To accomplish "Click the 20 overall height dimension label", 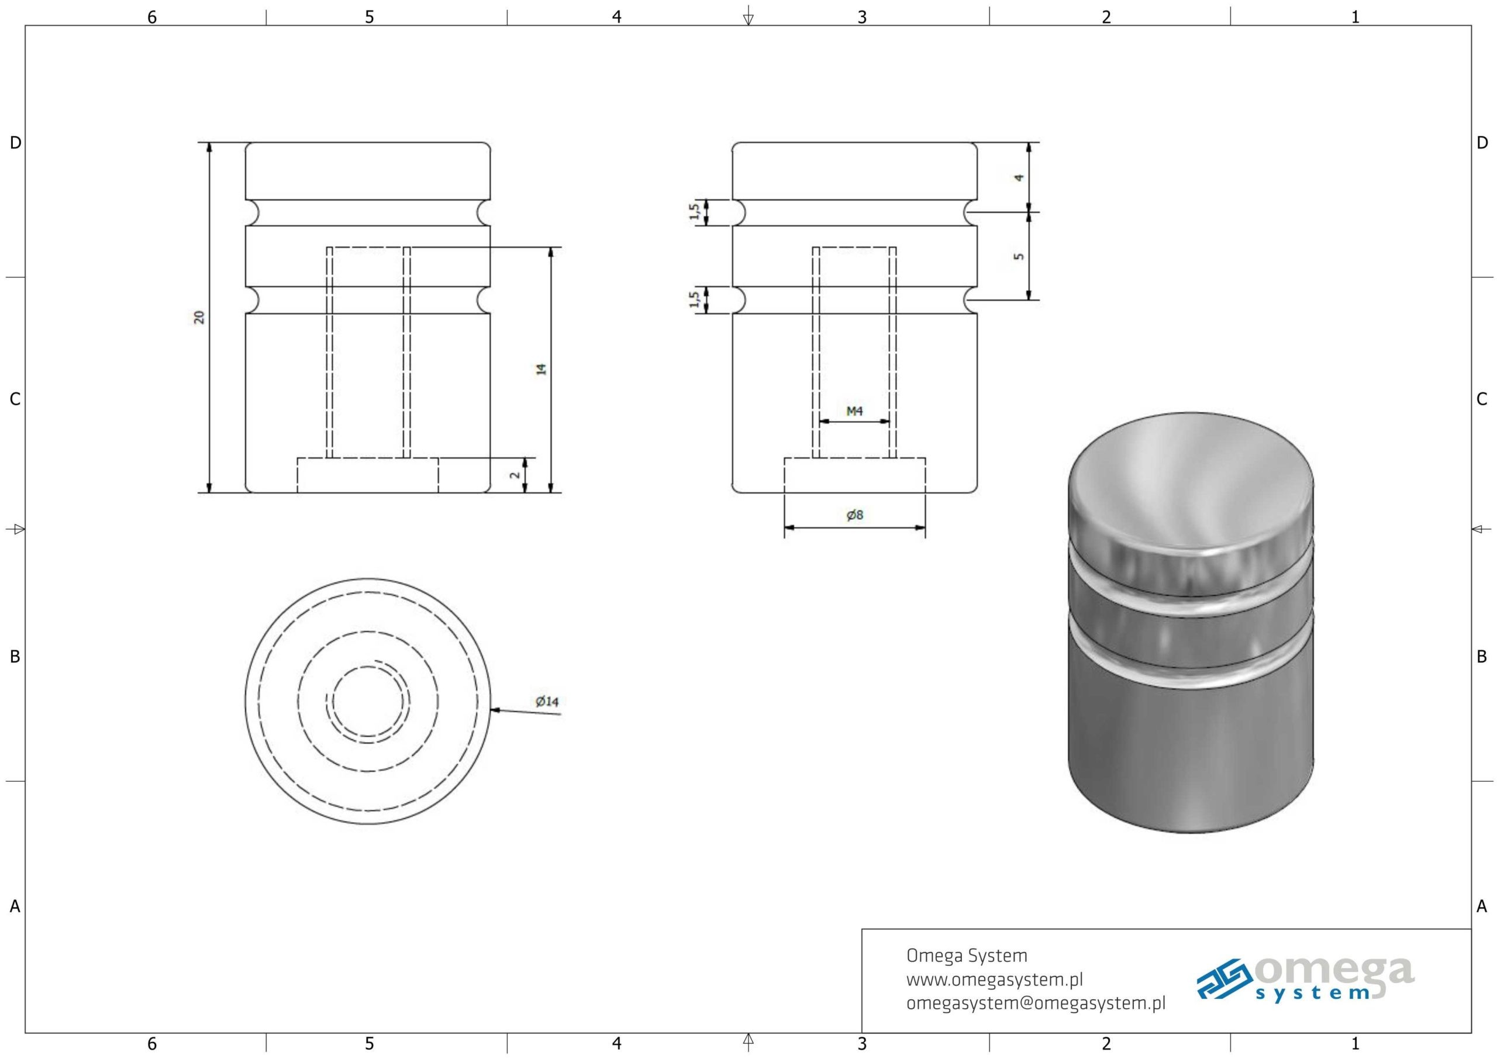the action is tap(199, 317).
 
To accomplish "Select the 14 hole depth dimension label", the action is tap(541, 369).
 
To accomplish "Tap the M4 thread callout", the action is tap(854, 411).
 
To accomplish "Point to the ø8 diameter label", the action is tap(854, 515).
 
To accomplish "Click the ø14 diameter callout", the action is tap(547, 702).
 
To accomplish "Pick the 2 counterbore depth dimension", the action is tap(515, 475).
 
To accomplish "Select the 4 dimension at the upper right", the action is tap(1019, 177).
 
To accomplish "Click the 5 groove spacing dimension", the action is tap(1019, 256).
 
